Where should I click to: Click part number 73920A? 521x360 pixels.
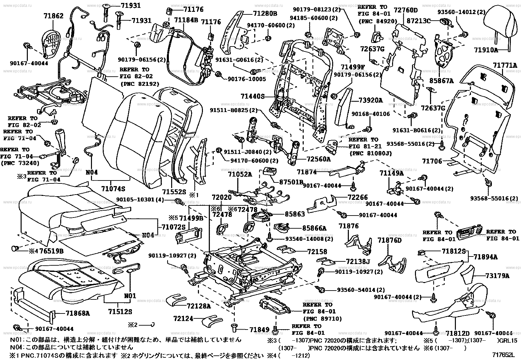click(x=370, y=101)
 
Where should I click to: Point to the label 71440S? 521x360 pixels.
click(x=252, y=97)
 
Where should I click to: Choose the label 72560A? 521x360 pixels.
click(x=319, y=159)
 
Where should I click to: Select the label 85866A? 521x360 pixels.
click(x=314, y=228)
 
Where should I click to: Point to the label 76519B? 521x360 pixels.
click(x=52, y=251)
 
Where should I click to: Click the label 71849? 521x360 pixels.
click(x=259, y=329)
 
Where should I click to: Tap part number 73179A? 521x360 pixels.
click(x=497, y=275)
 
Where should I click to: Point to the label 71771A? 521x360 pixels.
click(x=505, y=66)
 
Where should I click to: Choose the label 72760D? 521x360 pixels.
click(x=406, y=10)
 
